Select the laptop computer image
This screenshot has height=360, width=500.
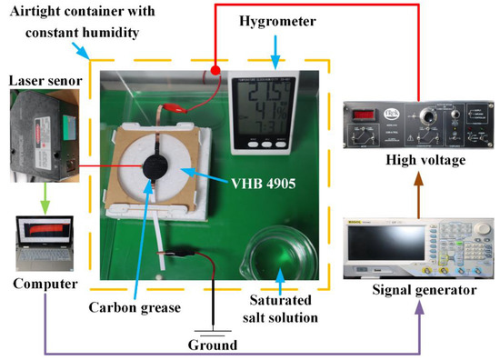[45, 240]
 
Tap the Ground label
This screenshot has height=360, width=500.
[212, 345]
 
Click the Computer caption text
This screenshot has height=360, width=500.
[43, 285]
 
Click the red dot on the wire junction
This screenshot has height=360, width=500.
[215, 70]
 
